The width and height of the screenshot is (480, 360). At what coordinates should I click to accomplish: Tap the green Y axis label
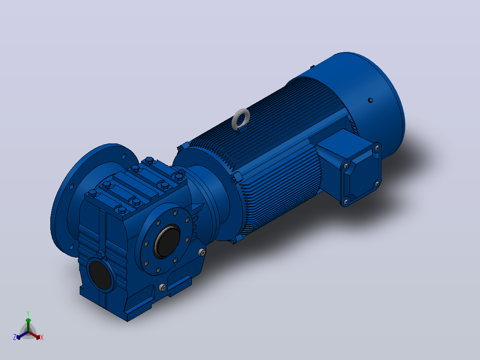[x=28, y=314]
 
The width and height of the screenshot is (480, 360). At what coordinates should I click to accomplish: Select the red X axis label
[x=42, y=337]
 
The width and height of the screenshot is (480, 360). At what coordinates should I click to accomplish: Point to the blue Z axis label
[x=15, y=337]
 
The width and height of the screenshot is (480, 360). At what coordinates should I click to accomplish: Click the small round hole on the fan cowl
[x=370, y=100]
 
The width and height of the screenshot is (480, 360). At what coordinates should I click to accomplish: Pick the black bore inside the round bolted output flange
[x=167, y=241]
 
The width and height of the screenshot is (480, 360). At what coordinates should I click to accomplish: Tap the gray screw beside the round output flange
[x=202, y=253]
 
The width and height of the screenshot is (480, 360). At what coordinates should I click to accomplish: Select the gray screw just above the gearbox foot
[x=163, y=287]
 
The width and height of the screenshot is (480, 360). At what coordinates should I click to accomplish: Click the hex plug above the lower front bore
[x=101, y=254]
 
